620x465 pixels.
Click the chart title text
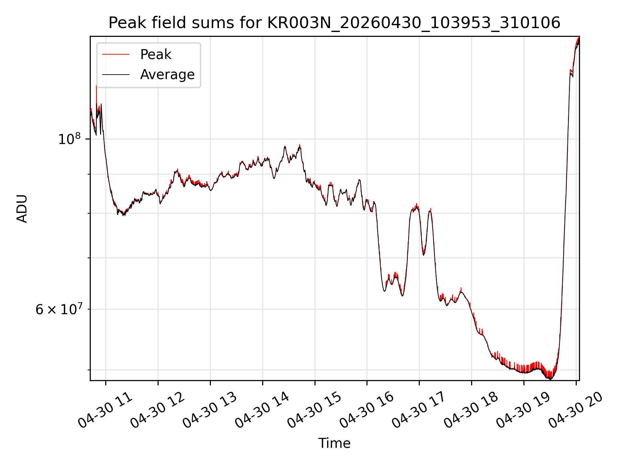[334, 23]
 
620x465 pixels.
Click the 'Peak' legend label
[156, 55]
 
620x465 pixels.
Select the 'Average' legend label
[167, 75]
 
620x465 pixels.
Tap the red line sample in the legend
[116, 55]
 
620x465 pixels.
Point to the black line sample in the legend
[116, 75]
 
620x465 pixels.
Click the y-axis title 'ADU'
[22, 209]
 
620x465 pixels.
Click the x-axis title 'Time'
[334, 443]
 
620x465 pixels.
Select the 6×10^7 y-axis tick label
[58, 309]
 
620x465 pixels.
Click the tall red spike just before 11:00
[96, 97]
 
